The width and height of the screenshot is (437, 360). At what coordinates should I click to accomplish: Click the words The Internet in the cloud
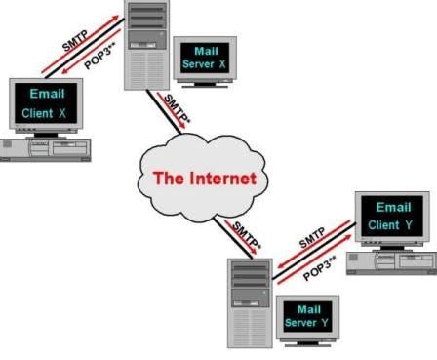coord(203,179)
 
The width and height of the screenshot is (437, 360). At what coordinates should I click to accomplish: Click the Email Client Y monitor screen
coord(389,217)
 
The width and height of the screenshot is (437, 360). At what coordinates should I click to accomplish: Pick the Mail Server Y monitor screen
coord(305,315)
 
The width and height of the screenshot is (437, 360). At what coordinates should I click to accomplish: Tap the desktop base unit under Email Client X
coord(50,148)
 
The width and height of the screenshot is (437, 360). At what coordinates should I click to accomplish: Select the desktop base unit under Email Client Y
coord(390,260)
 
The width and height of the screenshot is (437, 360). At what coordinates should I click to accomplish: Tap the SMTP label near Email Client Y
coord(313,240)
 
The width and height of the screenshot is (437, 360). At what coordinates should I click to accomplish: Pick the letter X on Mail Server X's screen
coord(224,63)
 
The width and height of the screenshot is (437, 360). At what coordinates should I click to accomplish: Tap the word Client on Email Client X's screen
coord(38,114)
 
